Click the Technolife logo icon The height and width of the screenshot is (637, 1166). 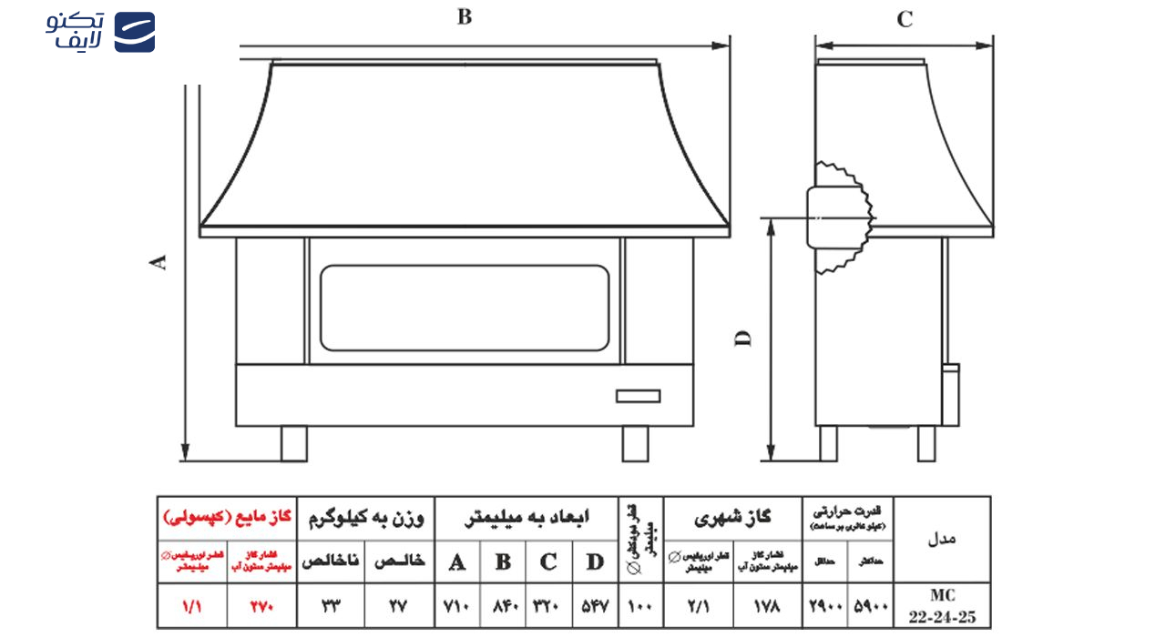134,32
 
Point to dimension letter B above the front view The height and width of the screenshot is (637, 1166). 465,17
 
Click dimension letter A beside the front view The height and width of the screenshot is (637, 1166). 159,262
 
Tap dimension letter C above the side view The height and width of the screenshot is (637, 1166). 905,20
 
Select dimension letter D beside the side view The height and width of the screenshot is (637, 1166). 744,338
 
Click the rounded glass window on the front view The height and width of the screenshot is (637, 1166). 465,308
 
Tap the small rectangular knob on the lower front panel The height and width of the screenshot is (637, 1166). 638,396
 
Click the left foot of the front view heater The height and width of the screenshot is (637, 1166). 293,443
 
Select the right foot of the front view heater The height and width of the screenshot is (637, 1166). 636,443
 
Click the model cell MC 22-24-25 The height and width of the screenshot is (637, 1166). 941,605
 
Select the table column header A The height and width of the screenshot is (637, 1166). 457,561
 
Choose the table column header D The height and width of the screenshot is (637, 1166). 595,561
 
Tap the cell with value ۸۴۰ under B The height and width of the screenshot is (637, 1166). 503,606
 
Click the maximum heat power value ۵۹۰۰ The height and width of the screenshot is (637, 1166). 871,606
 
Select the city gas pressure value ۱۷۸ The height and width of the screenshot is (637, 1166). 768,606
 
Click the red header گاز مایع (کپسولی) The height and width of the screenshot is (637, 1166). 227,518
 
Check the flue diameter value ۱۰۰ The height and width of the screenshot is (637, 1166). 640,606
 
